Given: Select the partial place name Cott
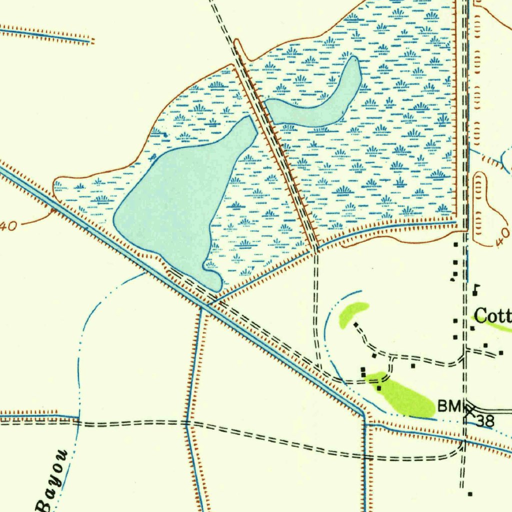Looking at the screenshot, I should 492,316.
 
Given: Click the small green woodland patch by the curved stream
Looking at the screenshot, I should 352,312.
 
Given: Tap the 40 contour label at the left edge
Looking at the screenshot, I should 9,226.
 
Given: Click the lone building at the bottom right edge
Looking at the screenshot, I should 470,494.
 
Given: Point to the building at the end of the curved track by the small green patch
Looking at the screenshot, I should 355,324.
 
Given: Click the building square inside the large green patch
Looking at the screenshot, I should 379,388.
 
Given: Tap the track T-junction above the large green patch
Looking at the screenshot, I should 391,358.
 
